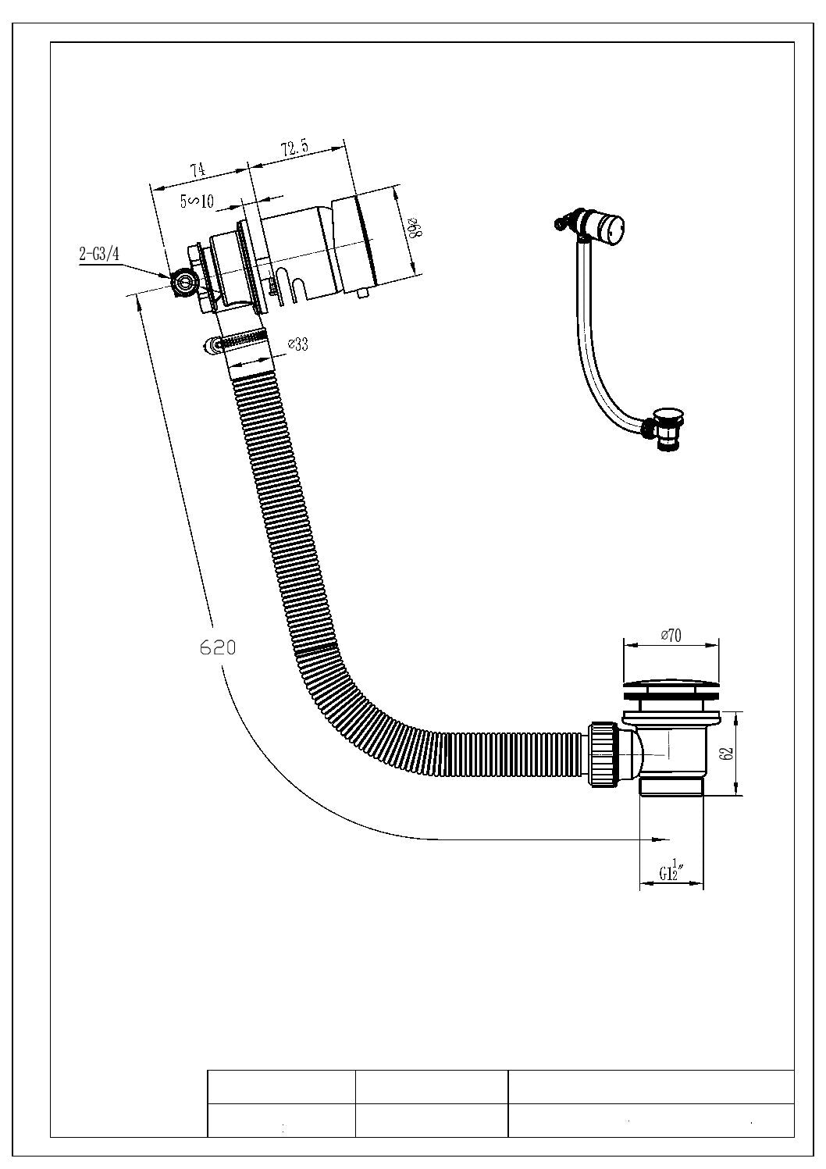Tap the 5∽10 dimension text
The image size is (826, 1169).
tap(197, 201)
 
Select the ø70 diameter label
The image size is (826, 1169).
tap(670, 636)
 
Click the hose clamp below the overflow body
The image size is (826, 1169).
tap(234, 341)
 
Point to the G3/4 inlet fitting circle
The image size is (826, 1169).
tap(186, 282)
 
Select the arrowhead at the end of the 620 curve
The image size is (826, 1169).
tap(660, 839)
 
